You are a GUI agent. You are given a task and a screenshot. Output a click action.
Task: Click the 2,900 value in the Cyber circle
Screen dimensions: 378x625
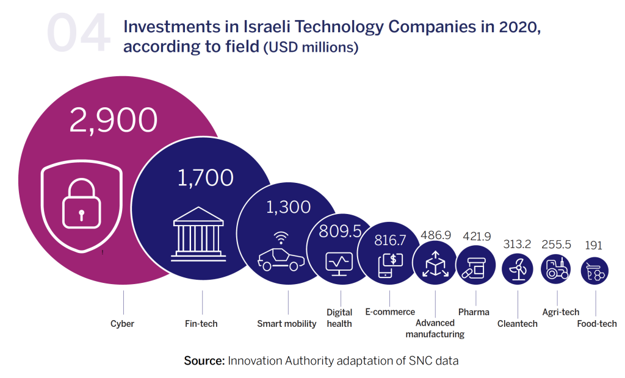113,120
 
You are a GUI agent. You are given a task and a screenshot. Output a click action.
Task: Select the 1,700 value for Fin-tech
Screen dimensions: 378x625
206,178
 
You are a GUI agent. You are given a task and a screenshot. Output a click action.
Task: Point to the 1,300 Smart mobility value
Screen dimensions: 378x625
288,207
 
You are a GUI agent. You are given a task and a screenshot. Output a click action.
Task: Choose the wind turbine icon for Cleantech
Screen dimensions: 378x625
518,268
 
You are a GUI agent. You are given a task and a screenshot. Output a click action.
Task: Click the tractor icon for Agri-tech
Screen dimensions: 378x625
556,268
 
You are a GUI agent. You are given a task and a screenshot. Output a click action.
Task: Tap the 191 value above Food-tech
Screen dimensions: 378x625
593,245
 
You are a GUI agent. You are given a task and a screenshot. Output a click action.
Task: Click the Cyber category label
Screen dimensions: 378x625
122,324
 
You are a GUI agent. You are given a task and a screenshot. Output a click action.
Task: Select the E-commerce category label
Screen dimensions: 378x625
390,312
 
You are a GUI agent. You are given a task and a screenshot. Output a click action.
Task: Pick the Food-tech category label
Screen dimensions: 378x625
597,324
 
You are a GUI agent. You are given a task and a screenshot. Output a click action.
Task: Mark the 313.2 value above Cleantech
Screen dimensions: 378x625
517,244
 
